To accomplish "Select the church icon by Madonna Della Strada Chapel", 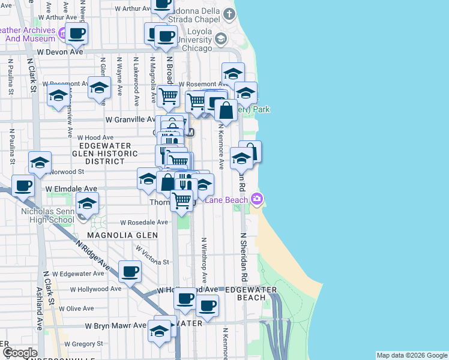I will (229, 14).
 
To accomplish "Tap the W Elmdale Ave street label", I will (71, 188).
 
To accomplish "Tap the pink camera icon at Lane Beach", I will (257, 198).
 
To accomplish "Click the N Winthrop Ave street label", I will (204, 260).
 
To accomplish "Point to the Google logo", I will (19, 353).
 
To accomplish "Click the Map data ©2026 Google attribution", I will (412, 355).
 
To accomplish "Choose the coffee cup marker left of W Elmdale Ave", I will (23, 187).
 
